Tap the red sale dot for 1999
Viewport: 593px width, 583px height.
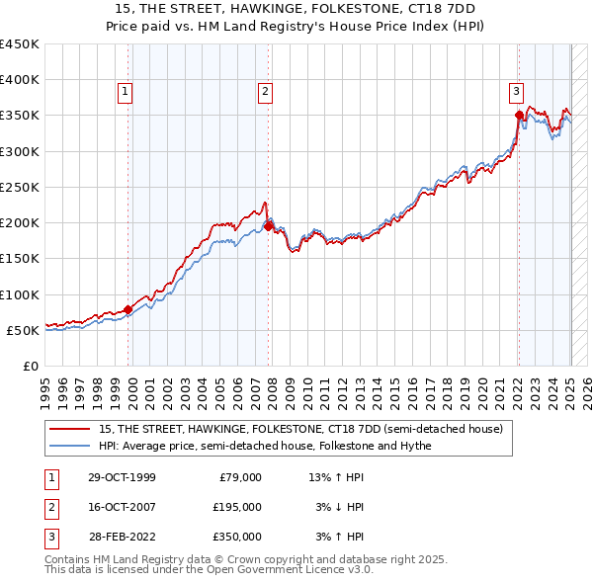coord(128,309)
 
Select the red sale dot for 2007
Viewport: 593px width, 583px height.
coord(269,226)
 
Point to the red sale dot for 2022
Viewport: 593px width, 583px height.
coord(519,116)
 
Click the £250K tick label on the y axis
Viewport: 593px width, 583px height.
coord(20,187)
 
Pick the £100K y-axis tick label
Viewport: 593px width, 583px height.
coord(20,294)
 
